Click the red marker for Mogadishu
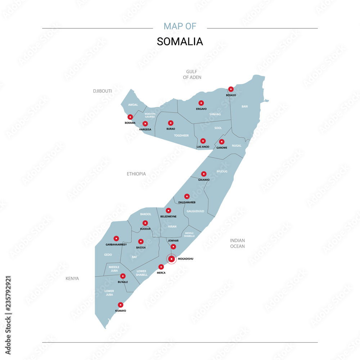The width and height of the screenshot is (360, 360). point(172,259)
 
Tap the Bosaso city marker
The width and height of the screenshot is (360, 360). point(231,89)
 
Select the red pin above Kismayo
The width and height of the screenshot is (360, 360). point(121,305)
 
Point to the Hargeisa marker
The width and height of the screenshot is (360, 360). point(145,124)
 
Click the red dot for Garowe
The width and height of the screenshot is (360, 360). point(222,142)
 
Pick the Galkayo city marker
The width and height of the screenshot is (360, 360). point(204,174)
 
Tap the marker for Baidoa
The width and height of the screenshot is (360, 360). point(141,242)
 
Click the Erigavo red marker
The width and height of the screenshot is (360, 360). point(201,103)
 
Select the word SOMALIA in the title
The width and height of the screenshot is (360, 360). point(180,41)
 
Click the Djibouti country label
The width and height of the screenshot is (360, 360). point(102,91)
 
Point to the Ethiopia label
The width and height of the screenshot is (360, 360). point(136,174)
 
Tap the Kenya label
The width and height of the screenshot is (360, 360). point(72,278)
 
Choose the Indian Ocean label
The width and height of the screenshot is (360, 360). point(237,243)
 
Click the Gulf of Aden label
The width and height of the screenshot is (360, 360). point(192,75)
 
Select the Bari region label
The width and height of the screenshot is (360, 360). point(244,107)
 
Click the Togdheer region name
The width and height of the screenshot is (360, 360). point(181,135)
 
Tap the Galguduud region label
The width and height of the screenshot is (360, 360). point(195,211)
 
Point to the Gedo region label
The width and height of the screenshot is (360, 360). point(108,255)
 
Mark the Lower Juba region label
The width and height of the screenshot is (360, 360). point(109,293)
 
